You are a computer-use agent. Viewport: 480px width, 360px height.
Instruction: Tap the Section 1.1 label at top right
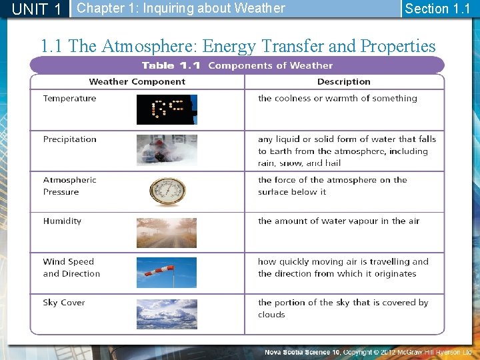coord(437,9)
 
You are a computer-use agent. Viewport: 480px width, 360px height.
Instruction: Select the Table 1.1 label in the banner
coord(171,65)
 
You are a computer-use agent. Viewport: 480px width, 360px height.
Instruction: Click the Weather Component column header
coord(137,81)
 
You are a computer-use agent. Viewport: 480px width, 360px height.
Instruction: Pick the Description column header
coord(343,81)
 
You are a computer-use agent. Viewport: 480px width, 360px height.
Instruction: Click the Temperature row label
coord(69,99)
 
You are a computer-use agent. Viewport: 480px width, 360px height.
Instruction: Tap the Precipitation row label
coord(70,139)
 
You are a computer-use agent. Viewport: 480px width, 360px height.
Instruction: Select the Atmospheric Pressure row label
coord(69,186)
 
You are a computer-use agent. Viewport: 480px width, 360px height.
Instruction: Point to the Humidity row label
coord(62,221)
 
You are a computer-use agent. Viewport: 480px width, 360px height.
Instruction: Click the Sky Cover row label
coord(64,303)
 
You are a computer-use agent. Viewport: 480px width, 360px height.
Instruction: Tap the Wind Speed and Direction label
coord(71,268)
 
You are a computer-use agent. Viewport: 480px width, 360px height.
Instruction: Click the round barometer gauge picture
coord(167,191)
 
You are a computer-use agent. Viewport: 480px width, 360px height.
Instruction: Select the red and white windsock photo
coord(167,273)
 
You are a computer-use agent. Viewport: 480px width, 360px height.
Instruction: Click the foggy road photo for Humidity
coord(167,233)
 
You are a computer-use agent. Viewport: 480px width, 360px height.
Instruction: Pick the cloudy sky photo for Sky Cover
coord(167,314)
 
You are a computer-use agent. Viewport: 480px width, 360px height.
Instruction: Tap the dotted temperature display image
coord(167,109)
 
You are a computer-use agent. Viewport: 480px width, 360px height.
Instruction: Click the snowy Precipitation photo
coord(167,150)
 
